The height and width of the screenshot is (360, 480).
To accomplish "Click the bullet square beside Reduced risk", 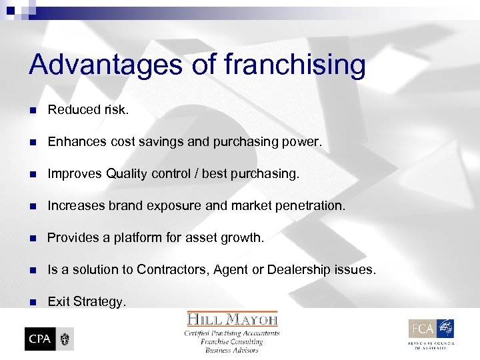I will [33, 110].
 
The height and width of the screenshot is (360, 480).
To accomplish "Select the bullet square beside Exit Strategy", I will [33, 302].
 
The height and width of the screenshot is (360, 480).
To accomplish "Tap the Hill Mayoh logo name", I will [233, 319].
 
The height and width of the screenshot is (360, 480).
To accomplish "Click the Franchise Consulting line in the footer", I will [233, 341].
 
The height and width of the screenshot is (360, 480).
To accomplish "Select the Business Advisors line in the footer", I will [233, 350].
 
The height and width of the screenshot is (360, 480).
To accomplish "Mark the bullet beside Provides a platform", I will [33, 238].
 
